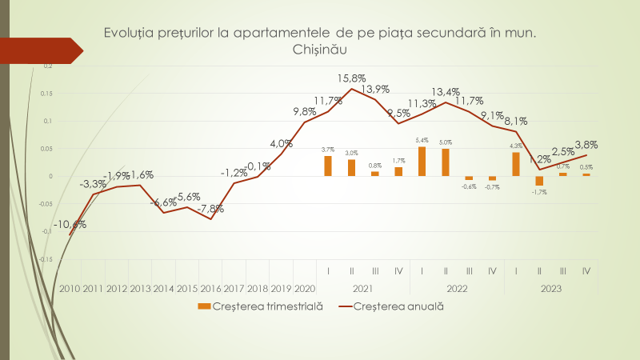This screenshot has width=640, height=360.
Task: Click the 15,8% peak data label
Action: point(352,78)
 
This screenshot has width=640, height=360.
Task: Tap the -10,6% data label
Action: point(70,225)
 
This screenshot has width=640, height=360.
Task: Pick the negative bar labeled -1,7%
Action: point(540,181)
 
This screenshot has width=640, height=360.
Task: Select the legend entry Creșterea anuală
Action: point(392,306)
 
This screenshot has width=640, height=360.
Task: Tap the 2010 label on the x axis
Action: point(70,288)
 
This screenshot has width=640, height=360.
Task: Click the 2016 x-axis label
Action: point(210,288)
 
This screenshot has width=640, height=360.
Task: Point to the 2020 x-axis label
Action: point(304,288)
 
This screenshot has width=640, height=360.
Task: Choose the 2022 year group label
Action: point(457,288)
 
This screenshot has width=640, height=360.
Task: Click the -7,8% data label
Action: point(210,209)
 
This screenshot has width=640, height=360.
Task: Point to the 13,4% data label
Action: point(446,91)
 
